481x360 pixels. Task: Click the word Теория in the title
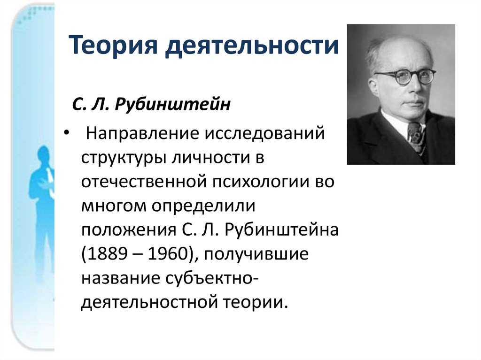click(113, 45)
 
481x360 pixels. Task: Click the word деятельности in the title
click(252, 45)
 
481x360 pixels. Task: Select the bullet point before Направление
click(67, 133)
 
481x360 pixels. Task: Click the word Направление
click(142, 134)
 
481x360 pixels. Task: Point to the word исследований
click(264, 134)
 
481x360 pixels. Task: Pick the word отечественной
click(144, 182)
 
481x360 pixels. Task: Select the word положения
click(129, 230)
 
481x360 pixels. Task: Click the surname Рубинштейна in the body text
click(281, 230)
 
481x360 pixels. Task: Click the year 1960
click(168, 254)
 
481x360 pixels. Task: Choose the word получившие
click(256, 254)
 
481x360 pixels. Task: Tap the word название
click(121, 278)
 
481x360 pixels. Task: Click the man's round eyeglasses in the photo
click(404, 76)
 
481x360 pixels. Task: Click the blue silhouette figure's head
click(44, 155)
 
